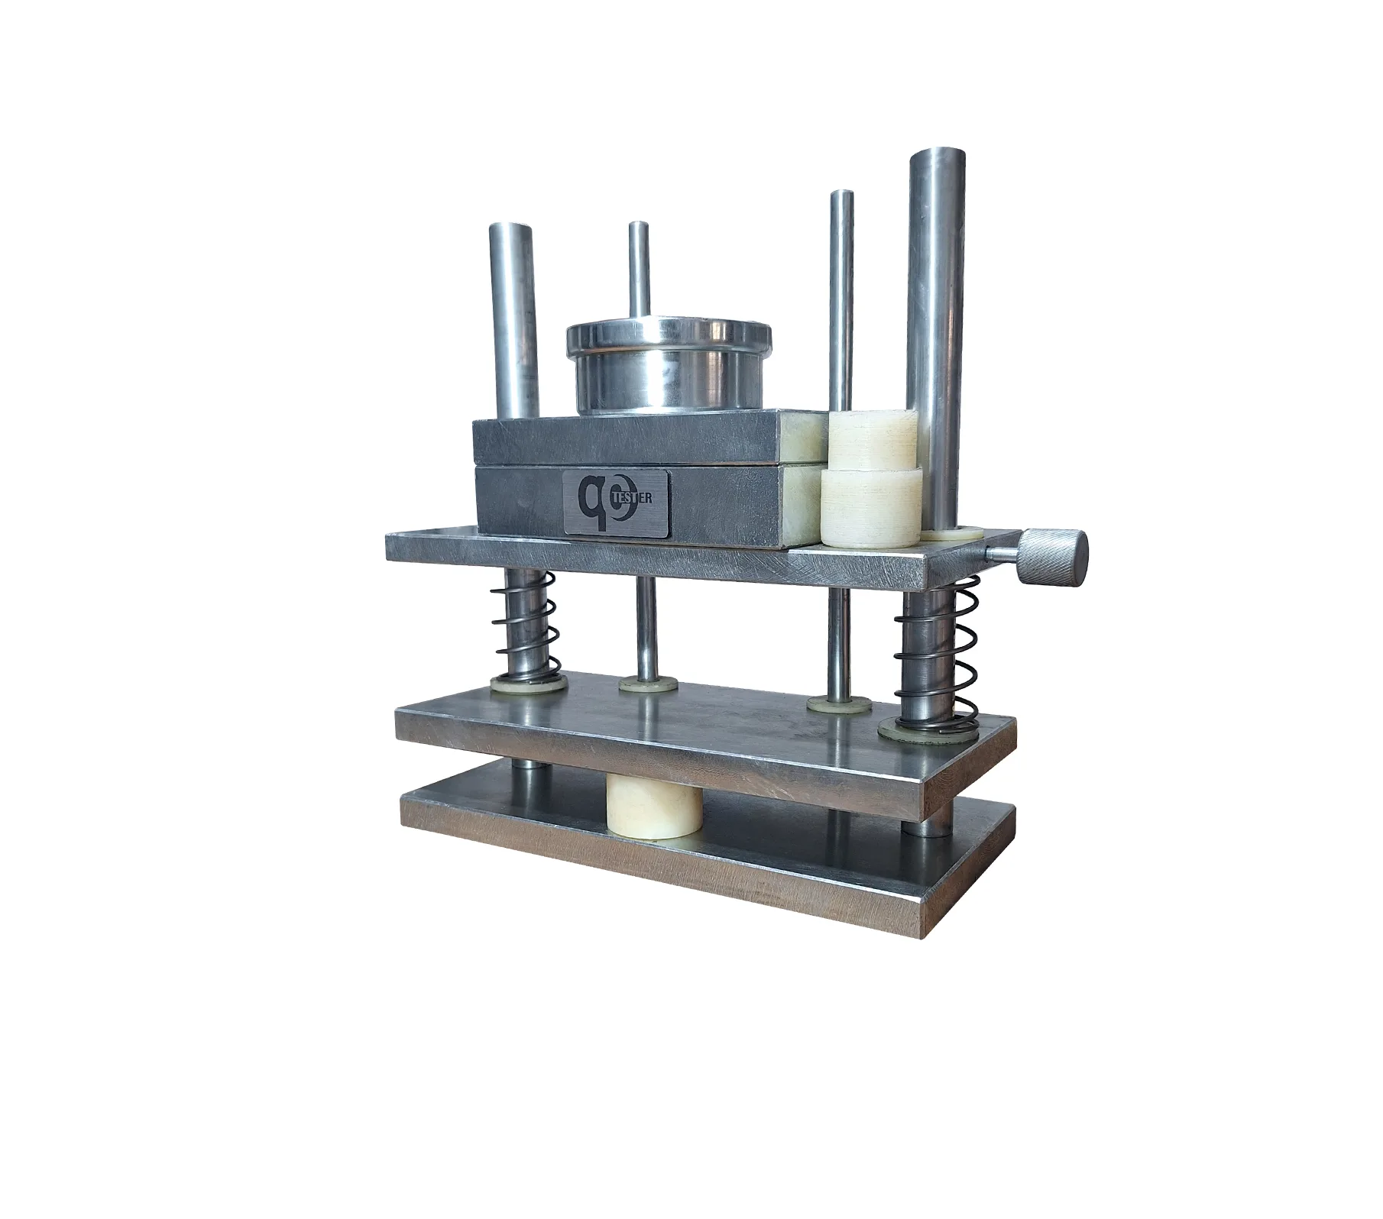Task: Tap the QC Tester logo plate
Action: (617, 502)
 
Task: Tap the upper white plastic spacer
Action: (871, 440)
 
